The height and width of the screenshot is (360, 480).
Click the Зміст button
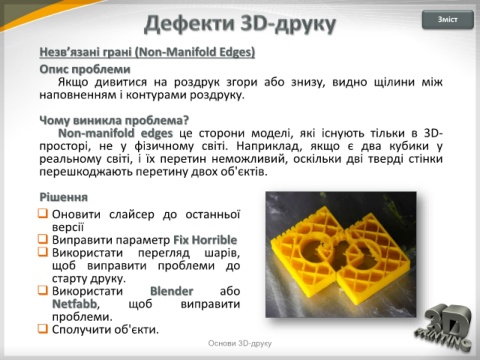(448, 20)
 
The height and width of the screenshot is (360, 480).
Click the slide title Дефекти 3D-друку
(240, 24)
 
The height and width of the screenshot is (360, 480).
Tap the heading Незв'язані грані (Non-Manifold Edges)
(147, 52)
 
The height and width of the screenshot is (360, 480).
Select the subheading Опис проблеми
(85, 69)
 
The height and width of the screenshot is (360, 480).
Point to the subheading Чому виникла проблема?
(114, 120)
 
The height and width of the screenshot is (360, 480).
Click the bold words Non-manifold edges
(115, 133)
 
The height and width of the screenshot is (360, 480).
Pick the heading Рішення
(64, 197)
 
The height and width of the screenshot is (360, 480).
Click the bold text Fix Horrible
(205, 240)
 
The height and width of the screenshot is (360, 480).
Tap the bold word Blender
(172, 291)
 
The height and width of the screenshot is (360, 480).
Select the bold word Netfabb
(74, 304)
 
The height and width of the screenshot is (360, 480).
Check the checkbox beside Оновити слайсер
(43, 213)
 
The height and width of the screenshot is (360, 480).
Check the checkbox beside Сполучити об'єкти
(43, 329)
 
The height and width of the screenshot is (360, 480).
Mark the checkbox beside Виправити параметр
(43, 239)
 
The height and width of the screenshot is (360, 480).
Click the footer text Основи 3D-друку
(240, 343)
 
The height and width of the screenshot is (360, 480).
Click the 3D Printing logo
(444, 327)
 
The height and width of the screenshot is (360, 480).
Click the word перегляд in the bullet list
(164, 253)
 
